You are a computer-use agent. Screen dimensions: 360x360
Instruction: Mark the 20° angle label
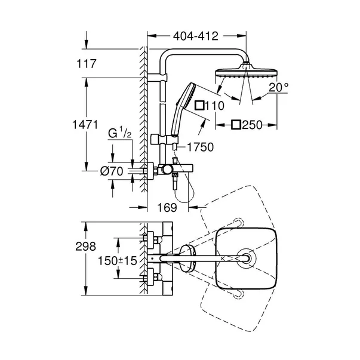tap(278, 87)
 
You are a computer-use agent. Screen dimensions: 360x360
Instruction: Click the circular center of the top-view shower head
tap(247, 259)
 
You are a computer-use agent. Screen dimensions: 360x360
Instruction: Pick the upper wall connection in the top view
tap(152, 240)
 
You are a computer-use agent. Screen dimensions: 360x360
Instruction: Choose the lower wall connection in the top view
tap(152, 278)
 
